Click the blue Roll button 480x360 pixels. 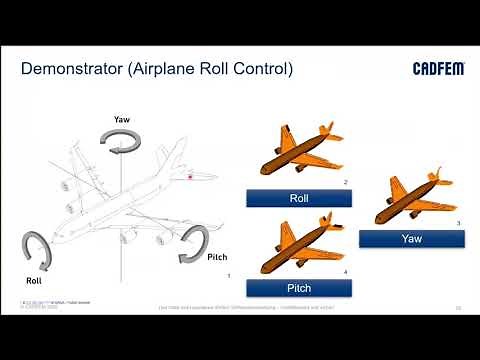click(x=298, y=198)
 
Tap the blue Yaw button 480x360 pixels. click(x=412, y=239)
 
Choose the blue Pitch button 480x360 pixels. click(x=298, y=288)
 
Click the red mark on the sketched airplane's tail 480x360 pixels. click(x=188, y=178)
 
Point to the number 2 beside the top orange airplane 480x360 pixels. click(x=345, y=183)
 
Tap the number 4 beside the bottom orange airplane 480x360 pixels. click(x=345, y=272)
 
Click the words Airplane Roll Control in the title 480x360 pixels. click(x=212, y=69)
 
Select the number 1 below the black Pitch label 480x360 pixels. click(x=229, y=274)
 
